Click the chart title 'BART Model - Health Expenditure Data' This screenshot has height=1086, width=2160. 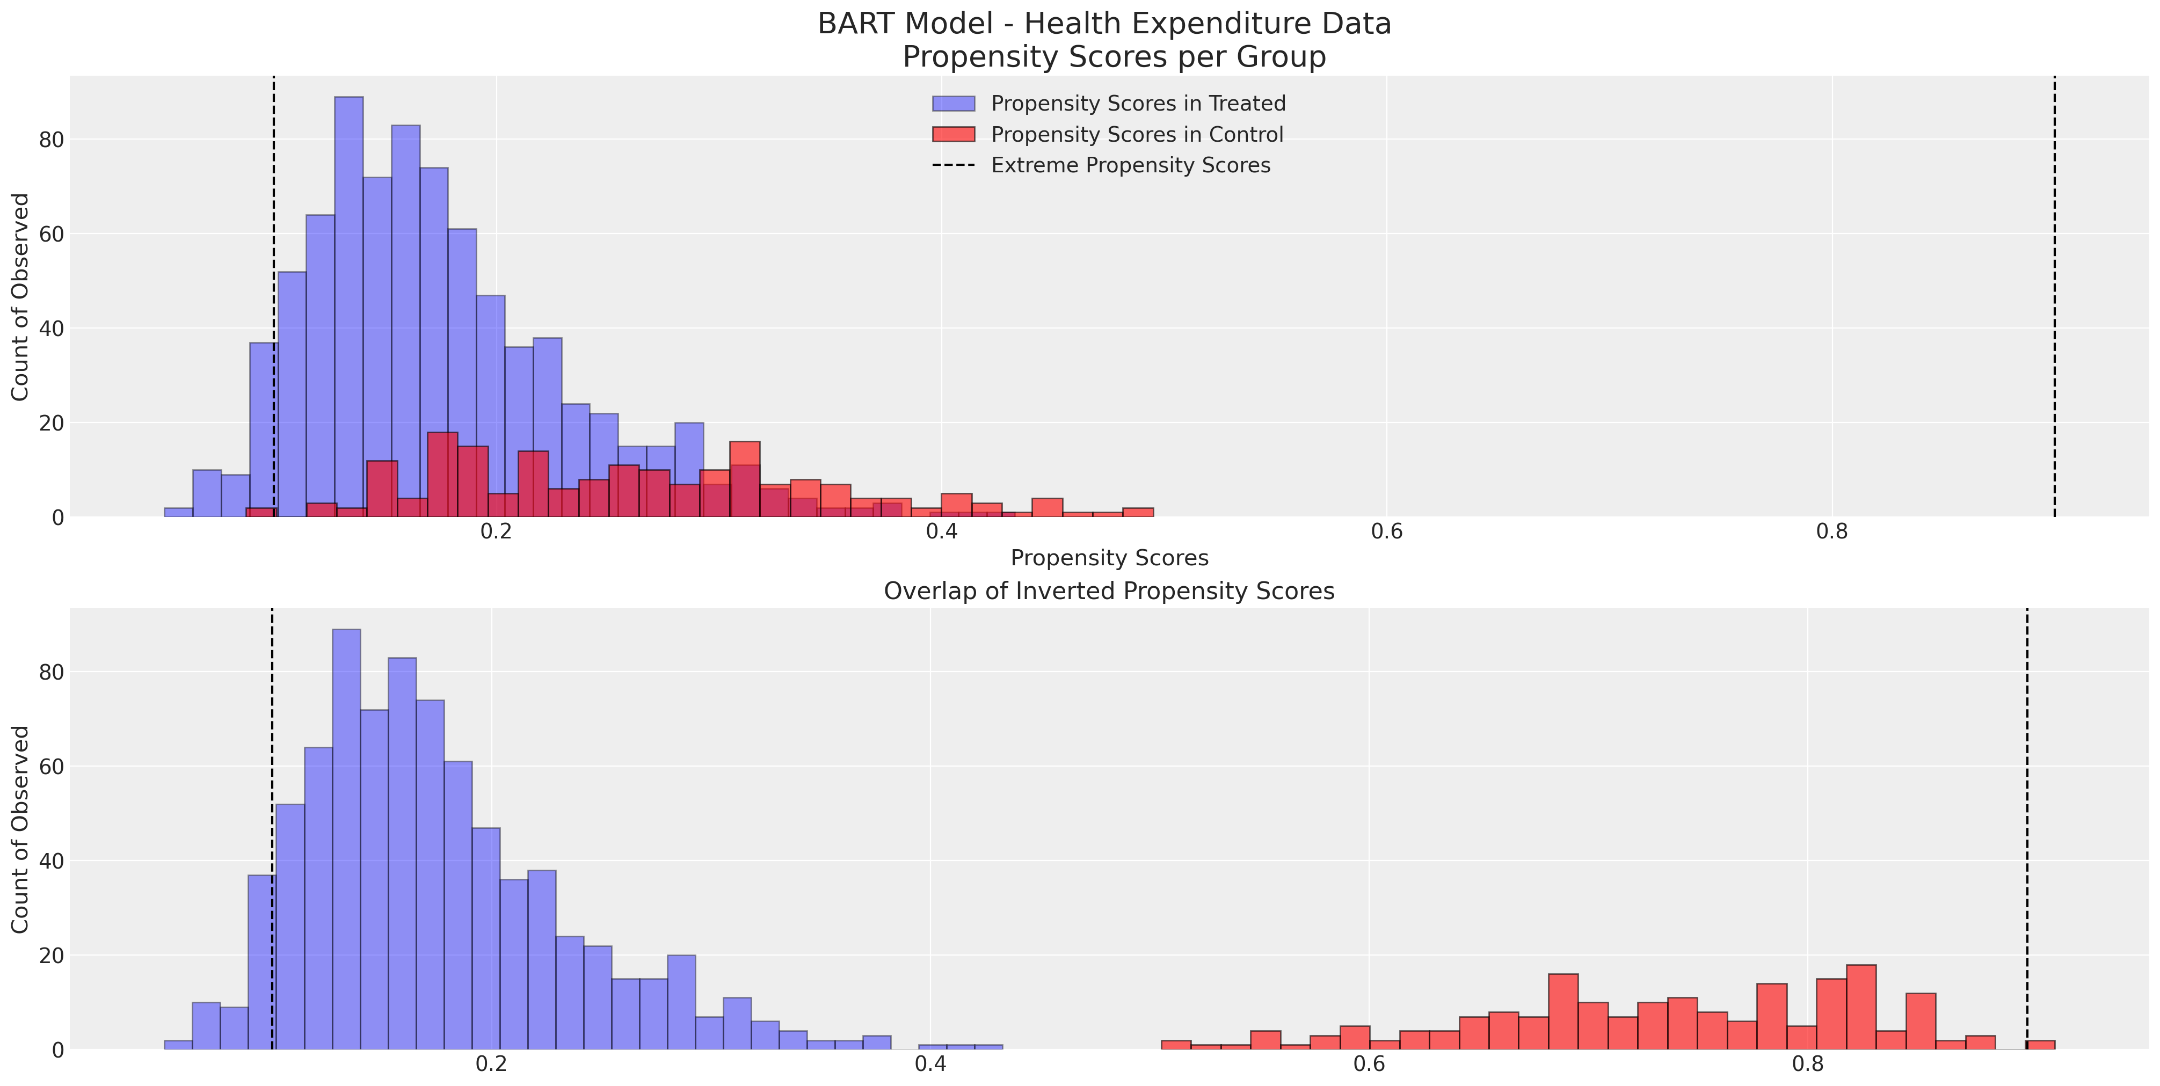(1104, 24)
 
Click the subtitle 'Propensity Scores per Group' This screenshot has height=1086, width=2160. (1114, 57)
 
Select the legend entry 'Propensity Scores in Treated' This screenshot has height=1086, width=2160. (1138, 103)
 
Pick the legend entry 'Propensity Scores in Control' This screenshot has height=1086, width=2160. (1137, 134)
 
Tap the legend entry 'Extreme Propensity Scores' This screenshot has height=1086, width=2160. (1130, 165)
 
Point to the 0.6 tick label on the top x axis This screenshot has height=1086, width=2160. (1386, 531)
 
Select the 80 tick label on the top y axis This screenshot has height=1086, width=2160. (51, 139)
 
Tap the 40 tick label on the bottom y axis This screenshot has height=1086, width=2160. (51, 861)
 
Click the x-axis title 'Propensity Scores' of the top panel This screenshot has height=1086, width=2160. (1109, 558)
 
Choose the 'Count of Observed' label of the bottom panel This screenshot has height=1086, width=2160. (20, 829)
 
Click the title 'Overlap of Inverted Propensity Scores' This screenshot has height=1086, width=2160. (1109, 591)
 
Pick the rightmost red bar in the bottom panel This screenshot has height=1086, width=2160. (2041, 1045)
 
